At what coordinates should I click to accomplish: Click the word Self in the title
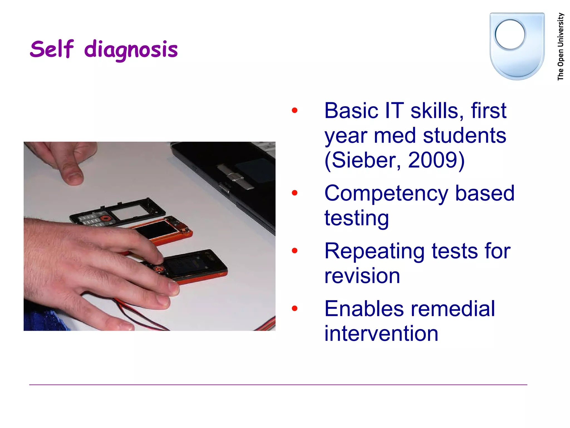(52, 49)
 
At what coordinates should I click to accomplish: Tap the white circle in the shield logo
(510, 35)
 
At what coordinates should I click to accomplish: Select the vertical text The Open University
(560, 47)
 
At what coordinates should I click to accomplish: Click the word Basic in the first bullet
(351, 111)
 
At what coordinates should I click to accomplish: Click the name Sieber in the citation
(363, 160)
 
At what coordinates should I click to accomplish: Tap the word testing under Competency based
(357, 218)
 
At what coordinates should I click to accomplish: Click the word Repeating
(374, 251)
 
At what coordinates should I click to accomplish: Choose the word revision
(362, 276)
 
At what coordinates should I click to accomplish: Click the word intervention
(381, 333)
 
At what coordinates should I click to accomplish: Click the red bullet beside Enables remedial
(294, 308)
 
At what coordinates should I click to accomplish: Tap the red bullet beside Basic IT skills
(294, 110)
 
